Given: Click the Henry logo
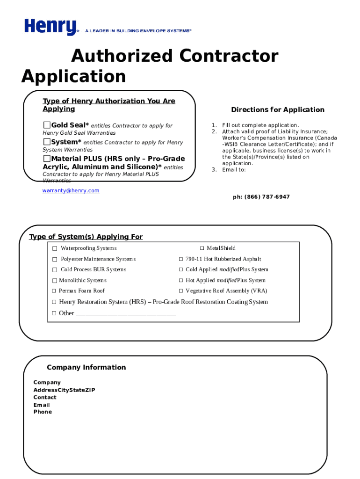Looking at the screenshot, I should point(50,27).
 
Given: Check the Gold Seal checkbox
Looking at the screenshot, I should point(47,125).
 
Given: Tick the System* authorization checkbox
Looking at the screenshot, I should point(47,142).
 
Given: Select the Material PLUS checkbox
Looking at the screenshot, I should point(47,159).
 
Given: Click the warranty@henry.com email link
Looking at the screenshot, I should point(71,190).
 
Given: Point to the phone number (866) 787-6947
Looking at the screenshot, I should point(261,197).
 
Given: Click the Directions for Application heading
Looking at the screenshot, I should point(277,110).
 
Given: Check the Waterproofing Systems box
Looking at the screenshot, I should point(55,248).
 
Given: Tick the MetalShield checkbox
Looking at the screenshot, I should point(202,248).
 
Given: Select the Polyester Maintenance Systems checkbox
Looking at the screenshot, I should point(55,259).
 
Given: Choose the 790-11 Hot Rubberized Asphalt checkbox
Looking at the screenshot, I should point(180,259).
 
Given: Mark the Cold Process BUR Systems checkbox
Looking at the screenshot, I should point(55,270).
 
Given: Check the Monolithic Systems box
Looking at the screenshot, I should point(54,281).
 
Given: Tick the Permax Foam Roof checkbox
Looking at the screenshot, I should point(54,291).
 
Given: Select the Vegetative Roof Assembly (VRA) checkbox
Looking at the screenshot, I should point(180,291).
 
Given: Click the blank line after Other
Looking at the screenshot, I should point(125,314).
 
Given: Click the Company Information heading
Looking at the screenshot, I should point(86,367).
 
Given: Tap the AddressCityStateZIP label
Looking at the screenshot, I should point(64,390).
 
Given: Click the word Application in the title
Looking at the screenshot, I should point(73,76).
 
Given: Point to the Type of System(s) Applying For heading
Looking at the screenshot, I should point(86,237).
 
